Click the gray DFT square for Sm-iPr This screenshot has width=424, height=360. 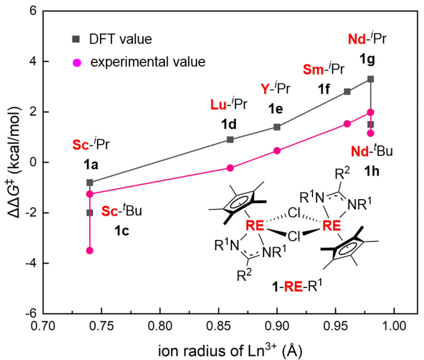[347, 92]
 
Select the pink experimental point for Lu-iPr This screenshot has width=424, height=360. [230, 168]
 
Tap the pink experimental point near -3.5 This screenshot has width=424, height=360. [90, 251]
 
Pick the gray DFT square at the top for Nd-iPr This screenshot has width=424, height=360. [371, 79]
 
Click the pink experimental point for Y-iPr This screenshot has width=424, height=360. [277, 151]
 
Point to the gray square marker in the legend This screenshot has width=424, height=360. [76, 39]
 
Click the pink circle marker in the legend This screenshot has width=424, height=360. [77, 63]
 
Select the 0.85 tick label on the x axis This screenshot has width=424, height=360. [218, 326]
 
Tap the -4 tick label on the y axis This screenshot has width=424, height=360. [31, 263]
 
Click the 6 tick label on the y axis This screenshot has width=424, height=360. [33, 11]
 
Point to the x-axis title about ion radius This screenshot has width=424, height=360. [230, 350]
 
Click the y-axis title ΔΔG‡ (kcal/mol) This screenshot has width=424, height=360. [14, 162]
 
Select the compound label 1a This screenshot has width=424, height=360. [91, 164]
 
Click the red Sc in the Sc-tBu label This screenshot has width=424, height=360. [109, 211]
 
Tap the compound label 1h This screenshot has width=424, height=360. [372, 171]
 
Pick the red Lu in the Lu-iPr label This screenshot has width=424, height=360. [218, 105]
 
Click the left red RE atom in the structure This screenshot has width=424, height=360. [255, 226]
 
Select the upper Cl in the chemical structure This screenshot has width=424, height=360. [294, 213]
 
